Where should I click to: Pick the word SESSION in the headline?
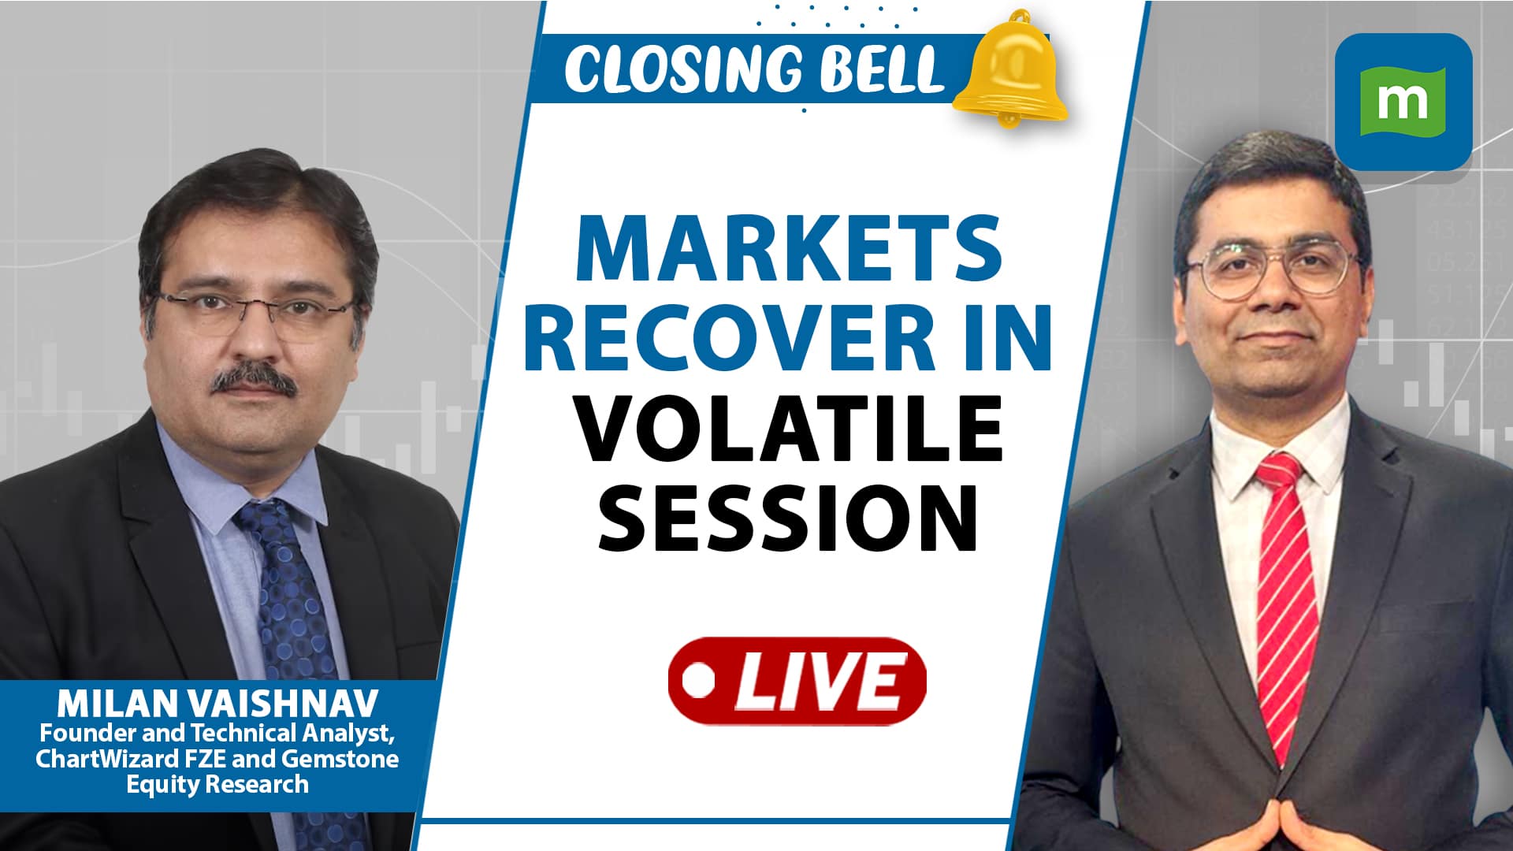click(x=788, y=518)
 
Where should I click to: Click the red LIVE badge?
click(x=797, y=681)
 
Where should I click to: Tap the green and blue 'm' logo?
click(x=1403, y=101)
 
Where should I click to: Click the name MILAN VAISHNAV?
click(x=217, y=703)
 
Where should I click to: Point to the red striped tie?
click(x=1286, y=599)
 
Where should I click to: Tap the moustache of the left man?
click(x=253, y=381)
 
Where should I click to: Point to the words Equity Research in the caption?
click(x=217, y=785)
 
